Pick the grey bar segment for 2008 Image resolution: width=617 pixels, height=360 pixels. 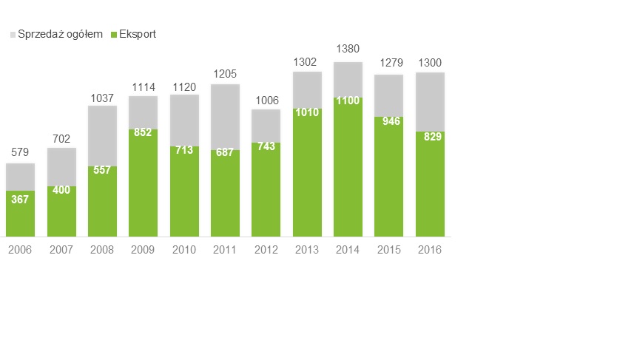pyautogui.click(x=102, y=135)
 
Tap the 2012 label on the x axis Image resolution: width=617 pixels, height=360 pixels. pyautogui.click(x=266, y=250)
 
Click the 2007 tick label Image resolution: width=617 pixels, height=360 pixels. pyautogui.click(x=61, y=250)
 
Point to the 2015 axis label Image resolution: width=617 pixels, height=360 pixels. pyautogui.click(x=388, y=250)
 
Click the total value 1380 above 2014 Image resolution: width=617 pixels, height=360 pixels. pyautogui.click(x=348, y=49)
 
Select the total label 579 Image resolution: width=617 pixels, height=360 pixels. pyautogui.click(x=20, y=152)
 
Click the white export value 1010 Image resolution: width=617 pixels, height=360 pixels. pyautogui.click(x=307, y=113)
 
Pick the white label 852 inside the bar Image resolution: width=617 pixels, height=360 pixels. pyautogui.click(x=143, y=133)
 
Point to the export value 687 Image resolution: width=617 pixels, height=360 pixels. pyautogui.click(x=225, y=154)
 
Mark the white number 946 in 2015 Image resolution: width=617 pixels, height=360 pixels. pyautogui.click(x=388, y=120)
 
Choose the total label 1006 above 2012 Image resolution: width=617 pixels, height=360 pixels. pyautogui.click(x=266, y=101)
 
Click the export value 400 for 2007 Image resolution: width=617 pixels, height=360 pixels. pyautogui.click(x=61, y=191)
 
